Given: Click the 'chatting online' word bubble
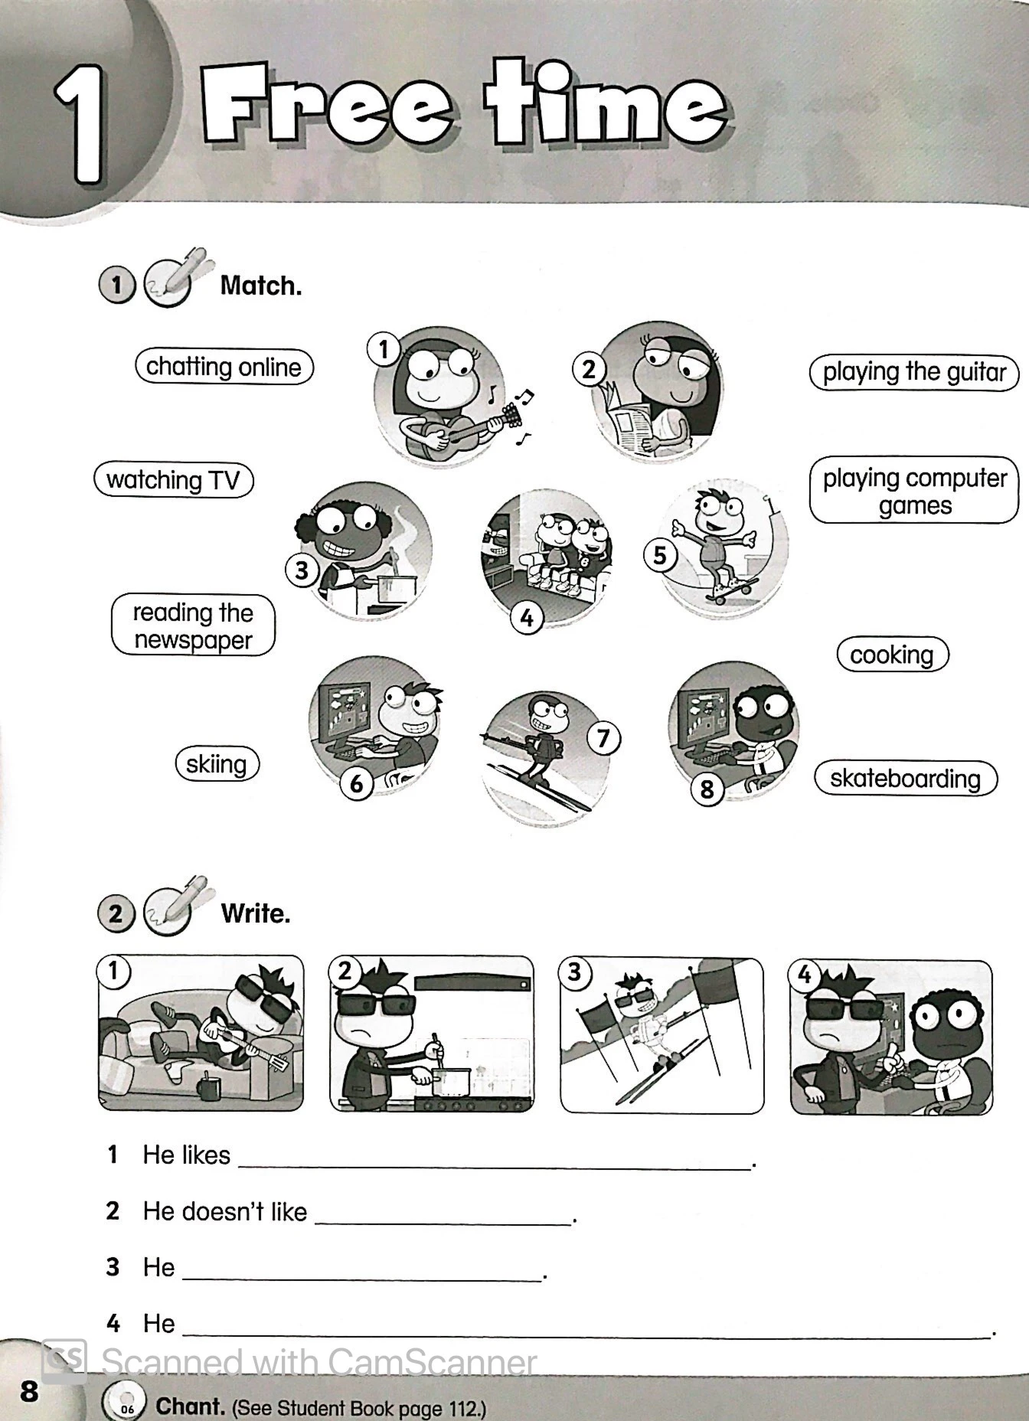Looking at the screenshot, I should click(224, 367).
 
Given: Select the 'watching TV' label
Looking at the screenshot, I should click(173, 481).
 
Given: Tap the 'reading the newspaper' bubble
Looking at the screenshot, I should click(193, 626).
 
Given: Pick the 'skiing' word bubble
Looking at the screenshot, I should click(217, 764).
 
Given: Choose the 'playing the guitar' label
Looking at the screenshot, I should click(913, 372).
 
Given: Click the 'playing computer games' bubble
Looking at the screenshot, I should click(914, 491).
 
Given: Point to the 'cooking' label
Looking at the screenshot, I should click(892, 655).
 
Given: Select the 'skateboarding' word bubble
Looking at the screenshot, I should click(905, 779).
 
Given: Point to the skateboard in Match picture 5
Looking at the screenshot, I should click(732, 590).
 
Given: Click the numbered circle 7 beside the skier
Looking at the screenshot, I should click(603, 738).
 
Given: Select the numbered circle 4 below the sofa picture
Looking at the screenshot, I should click(527, 617).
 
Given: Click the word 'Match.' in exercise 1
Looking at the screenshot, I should click(260, 286).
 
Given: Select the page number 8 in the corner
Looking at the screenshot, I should click(29, 1390).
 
